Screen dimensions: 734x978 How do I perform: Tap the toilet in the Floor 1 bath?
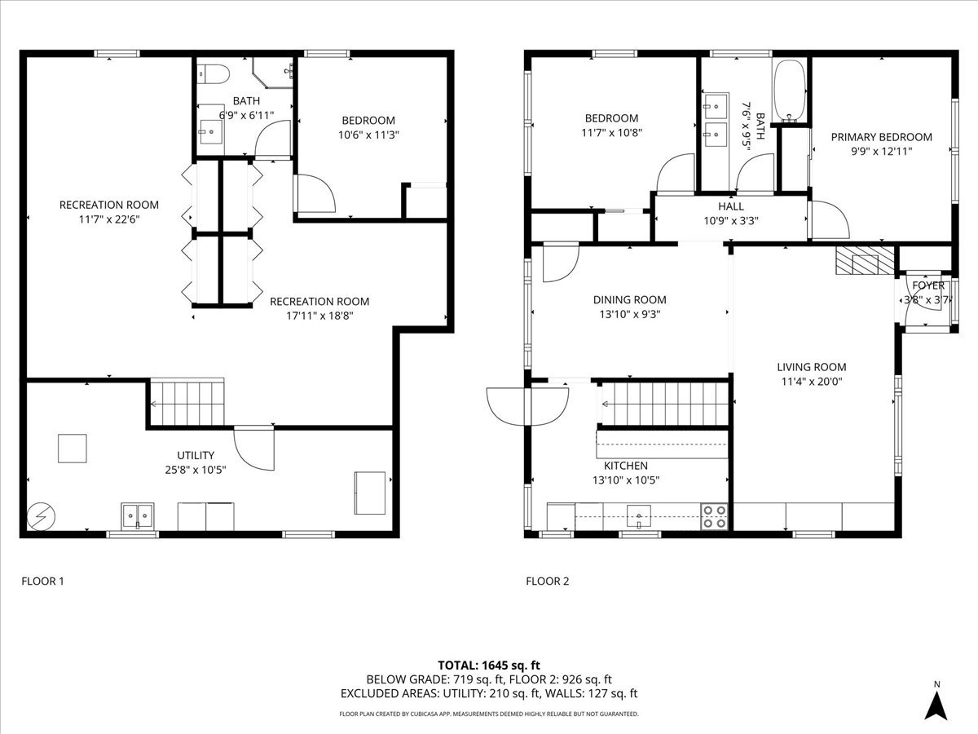(211, 74)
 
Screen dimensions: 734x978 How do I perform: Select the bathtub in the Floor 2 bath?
(790, 91)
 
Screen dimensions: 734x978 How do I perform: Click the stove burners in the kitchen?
(715, 516)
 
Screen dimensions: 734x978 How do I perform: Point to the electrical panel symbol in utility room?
(38, 516)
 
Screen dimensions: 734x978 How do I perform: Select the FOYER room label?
(928, 285)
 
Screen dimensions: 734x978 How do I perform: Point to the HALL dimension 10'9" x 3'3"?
(730, 221)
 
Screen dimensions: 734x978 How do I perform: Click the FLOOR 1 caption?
(42, 581)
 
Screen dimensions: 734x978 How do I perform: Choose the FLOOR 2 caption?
(547, 581)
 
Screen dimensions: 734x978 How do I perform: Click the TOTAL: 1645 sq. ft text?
(489, 665)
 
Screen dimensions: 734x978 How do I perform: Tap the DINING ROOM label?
(629, 299)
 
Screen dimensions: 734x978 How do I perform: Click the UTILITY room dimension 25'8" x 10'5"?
(196, 469)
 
